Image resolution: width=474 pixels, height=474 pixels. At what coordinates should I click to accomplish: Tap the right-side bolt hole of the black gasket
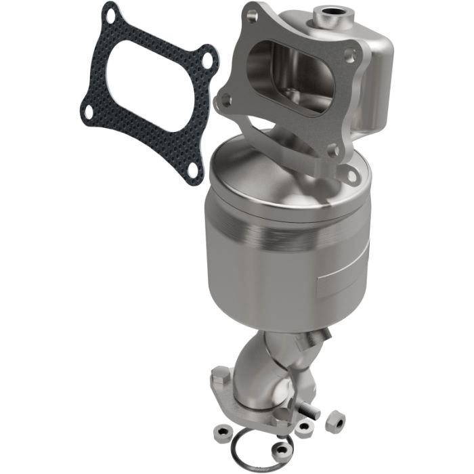coord(207,60)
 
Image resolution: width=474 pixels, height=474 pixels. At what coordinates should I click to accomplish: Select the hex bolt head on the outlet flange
coord(221,374)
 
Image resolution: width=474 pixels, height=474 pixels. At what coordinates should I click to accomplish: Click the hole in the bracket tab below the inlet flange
coord(351,176)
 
